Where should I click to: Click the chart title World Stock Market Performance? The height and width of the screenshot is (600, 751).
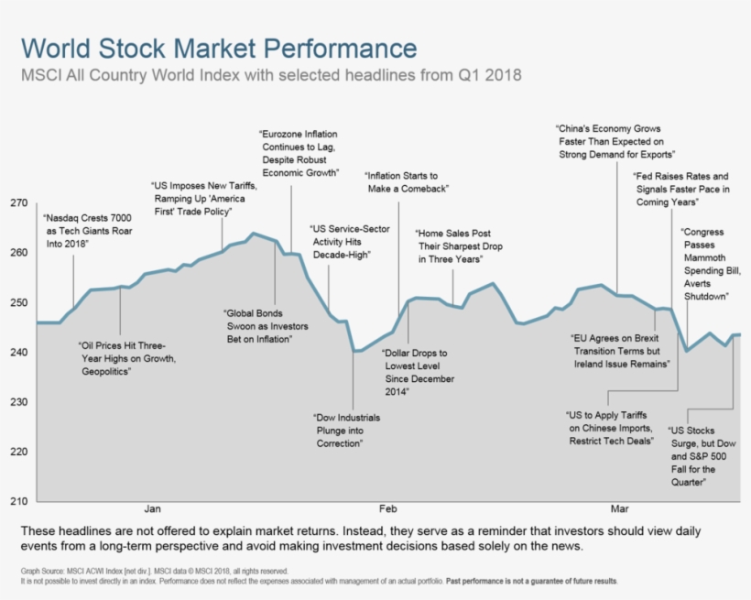tap(219, 49)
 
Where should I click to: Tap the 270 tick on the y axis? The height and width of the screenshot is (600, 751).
tap(19, 203)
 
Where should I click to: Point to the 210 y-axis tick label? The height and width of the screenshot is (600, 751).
tap(19, 502)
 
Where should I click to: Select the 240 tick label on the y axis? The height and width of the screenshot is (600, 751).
tap(19, 353)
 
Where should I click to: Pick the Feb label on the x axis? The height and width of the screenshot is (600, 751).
tap(387, 507)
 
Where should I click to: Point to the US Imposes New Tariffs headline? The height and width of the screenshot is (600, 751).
tap(203, 199)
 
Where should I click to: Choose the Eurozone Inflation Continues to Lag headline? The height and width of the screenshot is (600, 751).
tap(299, 153)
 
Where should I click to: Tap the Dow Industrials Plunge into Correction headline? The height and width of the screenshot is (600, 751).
tap(347, 431)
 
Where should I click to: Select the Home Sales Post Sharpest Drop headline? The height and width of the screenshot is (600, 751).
tap(452, 246)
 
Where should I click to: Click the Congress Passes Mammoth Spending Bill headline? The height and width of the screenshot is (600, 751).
tap(706, 265)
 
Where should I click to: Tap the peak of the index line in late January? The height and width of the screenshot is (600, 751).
tap(254, 234)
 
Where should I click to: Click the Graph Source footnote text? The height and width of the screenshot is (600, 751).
tap(147, 572)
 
